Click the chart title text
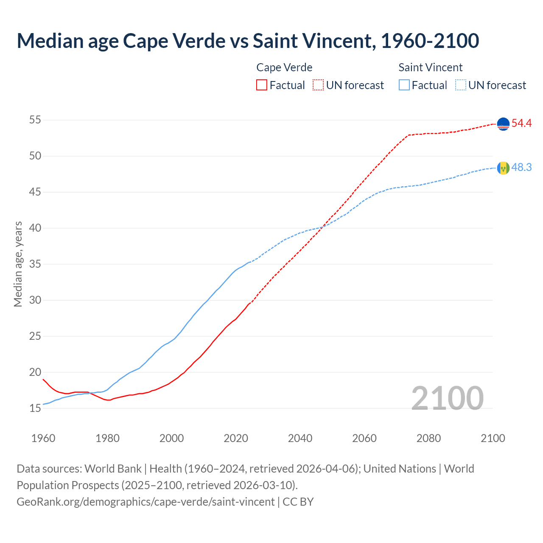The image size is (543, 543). (248, 41)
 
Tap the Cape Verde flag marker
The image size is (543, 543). (503, 124)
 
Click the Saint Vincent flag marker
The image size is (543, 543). (503, 168)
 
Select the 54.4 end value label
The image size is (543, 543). (521, 123)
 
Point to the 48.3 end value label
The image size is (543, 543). (521, 168)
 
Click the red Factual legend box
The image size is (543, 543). (262, 85)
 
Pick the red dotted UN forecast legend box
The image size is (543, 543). (318, 85)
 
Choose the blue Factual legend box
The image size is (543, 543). (404, 85)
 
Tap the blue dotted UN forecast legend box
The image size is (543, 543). (460, 85)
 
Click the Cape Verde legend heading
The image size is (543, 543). (284, 67)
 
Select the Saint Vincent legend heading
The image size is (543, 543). (430, 67)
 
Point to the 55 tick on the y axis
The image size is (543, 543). (35, 120)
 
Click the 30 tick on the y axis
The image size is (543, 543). (35, 300)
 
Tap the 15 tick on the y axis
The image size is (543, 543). (35, 409)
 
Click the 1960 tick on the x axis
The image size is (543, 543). (43, 438)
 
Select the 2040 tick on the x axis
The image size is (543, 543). (300, 438)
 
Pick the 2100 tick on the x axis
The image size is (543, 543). (493, 438)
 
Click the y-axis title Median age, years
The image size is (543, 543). (18, 264)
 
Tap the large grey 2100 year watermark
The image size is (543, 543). (447, 398)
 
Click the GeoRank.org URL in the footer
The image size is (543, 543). (146, 502)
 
